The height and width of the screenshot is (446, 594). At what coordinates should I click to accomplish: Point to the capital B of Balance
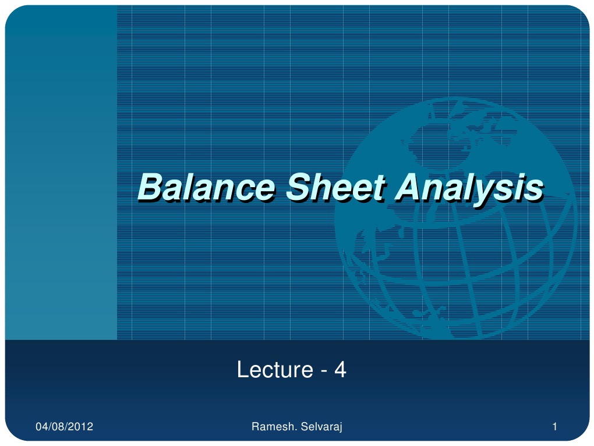pos(149,188)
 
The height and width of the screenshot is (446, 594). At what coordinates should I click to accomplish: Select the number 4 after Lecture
pos(341,370)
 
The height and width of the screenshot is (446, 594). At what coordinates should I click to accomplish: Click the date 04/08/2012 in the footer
pos(64,428)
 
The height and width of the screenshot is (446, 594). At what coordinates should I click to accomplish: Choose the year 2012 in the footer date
pos(82,428)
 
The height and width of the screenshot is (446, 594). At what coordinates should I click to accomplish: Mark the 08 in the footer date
pos(59,428)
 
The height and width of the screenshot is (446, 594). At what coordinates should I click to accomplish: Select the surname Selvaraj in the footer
pos(320,428)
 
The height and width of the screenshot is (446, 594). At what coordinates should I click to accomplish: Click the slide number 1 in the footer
pos(555,428)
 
